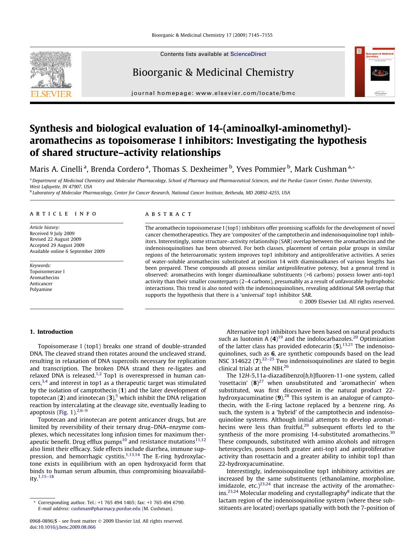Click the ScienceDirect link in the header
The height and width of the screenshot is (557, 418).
point(248,54)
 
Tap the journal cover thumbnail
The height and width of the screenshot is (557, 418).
point(375,72)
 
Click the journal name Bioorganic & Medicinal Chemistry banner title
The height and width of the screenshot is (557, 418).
point(213,72)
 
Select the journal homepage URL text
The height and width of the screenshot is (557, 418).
point(213,93)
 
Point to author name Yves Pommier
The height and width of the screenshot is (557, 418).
point(261,169)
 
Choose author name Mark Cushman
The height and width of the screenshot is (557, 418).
point(320,169)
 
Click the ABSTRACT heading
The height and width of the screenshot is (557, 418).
point(168,214)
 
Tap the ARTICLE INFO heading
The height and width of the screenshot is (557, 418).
point(63,214)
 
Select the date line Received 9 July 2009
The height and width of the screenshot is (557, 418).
point(52,233)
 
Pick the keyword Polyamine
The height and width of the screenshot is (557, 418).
point(41,290)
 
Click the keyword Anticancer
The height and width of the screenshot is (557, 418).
point(41,284)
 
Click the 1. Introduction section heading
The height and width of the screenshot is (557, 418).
point(51,332)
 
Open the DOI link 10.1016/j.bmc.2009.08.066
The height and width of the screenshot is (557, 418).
point(67,527)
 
